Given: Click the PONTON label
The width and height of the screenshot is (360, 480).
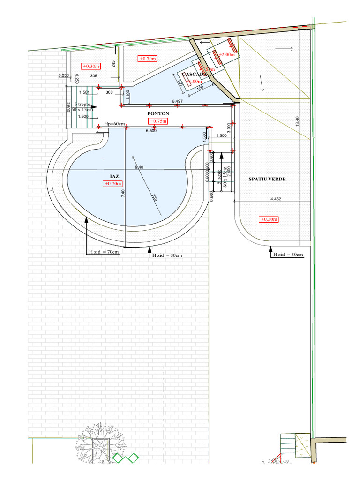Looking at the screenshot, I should point(158,113).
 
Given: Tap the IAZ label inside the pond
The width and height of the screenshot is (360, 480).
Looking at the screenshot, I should point(114,176).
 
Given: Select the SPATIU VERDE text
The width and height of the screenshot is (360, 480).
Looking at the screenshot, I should point(267,179).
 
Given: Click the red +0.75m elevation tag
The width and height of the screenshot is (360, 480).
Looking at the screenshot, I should point(158,121).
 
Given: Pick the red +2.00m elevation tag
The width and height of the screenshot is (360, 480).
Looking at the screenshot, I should point(226,55).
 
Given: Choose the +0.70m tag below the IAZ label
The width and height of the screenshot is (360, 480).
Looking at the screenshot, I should point(113,184).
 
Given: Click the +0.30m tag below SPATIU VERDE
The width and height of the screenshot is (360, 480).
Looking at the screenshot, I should point(269,219).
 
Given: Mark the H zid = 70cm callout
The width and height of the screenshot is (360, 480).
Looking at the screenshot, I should point(104,252).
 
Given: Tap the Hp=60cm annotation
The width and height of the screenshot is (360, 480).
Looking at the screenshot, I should point(114,124).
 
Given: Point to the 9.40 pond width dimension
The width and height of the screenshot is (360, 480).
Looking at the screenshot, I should point(139,167).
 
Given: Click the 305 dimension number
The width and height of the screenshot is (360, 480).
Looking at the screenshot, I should point(93,75).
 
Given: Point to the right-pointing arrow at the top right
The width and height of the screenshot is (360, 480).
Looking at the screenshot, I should point(284,48).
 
